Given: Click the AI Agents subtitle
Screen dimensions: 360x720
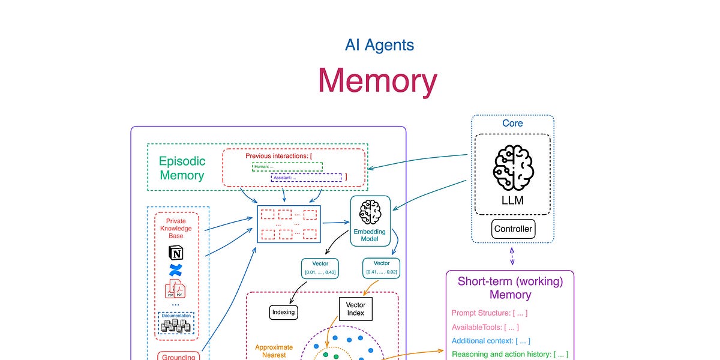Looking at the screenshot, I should tap(379, 45).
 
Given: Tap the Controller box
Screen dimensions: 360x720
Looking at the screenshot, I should tap(513, 229).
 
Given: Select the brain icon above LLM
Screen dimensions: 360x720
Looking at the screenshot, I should tap(512, 169).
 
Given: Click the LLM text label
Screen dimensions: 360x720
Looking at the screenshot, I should tap(512, 200).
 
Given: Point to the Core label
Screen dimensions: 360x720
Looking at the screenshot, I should tap(512, 123).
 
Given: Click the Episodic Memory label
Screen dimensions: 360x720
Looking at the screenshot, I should tap(182, 168).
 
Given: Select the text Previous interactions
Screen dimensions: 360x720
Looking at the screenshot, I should tap(277, 156).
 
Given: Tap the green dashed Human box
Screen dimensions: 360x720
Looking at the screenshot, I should tap(287, 166).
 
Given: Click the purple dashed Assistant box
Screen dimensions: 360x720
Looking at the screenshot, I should tap(306, 177).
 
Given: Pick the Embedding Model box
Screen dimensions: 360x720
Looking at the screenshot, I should tap(370, 220).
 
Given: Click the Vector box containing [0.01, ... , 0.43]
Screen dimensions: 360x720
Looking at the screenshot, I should tap(319, 268).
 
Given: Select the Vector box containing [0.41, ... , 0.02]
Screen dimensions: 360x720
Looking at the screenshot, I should tap(382, 268).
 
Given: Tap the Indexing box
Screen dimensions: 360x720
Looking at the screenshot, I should tap(283, 312).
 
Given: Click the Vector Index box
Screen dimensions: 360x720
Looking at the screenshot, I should tap(356, 309).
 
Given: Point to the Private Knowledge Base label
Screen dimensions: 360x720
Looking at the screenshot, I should tap(176, 229).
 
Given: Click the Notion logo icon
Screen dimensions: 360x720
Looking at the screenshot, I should tap(176, 253).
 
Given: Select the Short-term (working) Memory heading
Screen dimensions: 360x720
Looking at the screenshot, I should tap(510, 287).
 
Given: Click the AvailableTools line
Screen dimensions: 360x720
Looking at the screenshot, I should tap(485, 327).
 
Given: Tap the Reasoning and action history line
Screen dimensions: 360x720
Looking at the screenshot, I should tap(509, 355).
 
